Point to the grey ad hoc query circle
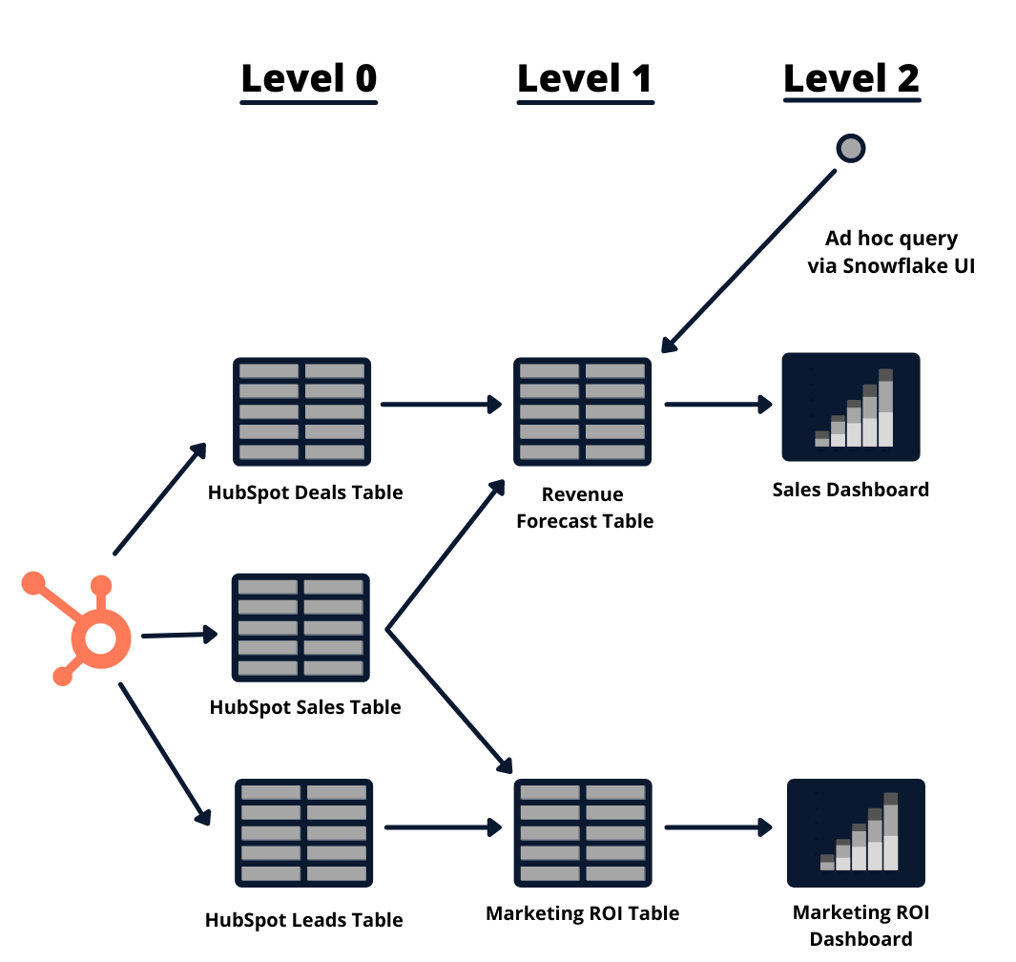point(851,149)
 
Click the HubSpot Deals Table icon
point(302,411)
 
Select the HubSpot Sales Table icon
point(301,628)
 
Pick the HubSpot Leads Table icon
point(304,833)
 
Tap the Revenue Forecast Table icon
point(583,411)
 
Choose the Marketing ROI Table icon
point(583,833)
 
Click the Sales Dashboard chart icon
point(851,408)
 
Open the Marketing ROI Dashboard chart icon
point(856,833)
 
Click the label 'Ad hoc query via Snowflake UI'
point(891,252)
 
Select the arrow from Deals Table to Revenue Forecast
point(442,405)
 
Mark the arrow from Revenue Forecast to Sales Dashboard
point(718,405)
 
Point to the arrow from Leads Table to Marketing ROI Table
point(444,827)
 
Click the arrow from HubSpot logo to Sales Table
point(179,635)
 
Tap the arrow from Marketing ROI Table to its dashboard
point(718,827)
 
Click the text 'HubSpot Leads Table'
point(304,920)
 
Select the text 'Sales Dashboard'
point(851,490)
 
